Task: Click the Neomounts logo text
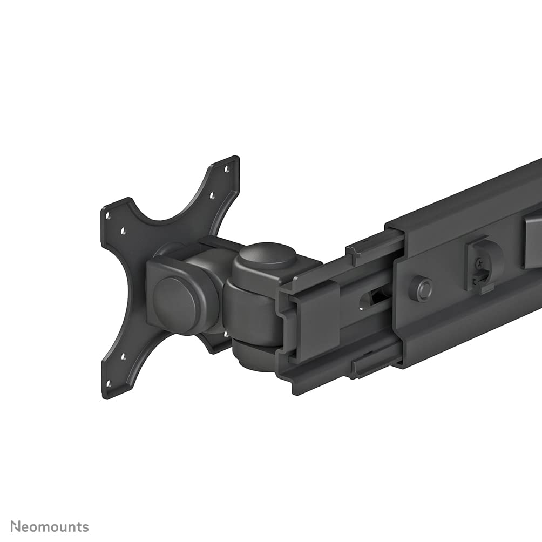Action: pos(50,526)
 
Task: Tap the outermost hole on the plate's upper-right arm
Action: pos(227,169)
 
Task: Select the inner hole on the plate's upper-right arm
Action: pos(212,196)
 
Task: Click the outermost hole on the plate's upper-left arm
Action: pos(108,215)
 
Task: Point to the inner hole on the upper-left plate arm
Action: pos(123,231)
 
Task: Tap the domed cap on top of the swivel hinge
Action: pos(268,257)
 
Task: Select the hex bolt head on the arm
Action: pos(421,288)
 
